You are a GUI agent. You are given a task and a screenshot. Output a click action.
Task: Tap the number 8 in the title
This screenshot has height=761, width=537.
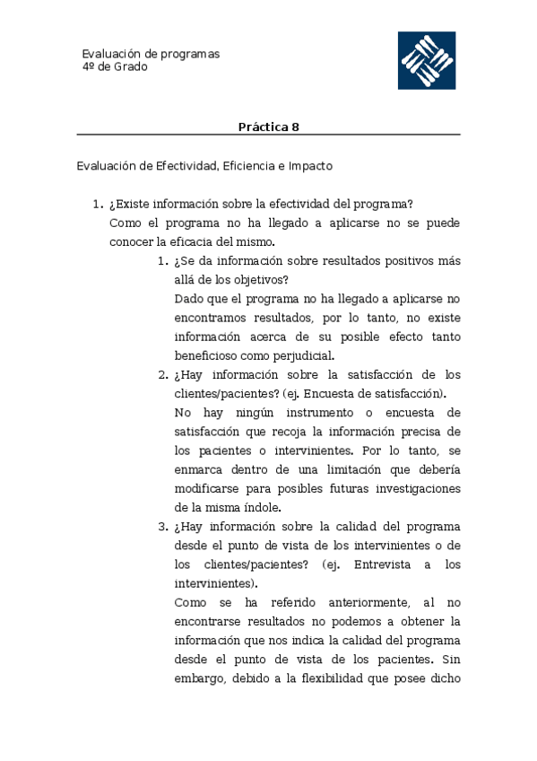[x=296, y=127]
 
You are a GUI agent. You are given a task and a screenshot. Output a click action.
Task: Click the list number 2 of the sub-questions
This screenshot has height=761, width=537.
[x=162, y=374]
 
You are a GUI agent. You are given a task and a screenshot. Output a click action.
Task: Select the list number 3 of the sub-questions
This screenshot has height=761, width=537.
[x=162, y=526]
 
